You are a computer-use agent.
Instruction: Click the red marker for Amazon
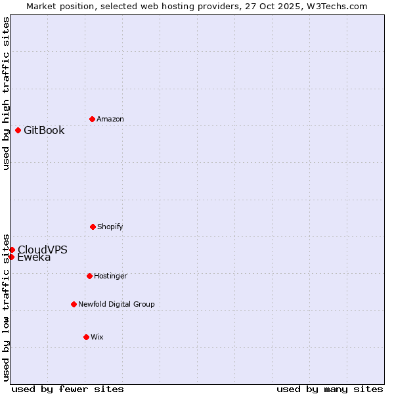(92, 119)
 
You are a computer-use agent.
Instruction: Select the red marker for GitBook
(18, 130)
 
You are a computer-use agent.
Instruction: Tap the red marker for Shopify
(93, 227)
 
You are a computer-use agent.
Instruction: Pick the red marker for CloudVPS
(12, 250)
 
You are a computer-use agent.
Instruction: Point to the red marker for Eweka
(11, 257)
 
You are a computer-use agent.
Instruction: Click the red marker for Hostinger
(89, 276)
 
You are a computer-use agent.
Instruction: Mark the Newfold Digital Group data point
(74, 304)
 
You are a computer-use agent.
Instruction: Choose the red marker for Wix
(86, 337)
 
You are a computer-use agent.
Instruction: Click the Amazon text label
(110, 119)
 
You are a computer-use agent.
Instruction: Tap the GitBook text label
(44, 130)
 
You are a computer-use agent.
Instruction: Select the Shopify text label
(110, 227)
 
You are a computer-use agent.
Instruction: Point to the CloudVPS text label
(43, 249)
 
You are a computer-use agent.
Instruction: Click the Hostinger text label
(110, 276)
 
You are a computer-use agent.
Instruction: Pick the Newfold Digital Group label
(116, 304)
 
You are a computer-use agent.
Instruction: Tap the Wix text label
(97, 337)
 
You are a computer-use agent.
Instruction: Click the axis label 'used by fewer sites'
(68, 389)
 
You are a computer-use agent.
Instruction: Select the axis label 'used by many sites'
(330, 389)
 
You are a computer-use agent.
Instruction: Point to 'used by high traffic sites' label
(6, 94)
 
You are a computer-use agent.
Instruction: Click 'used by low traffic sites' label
(6, 307)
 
